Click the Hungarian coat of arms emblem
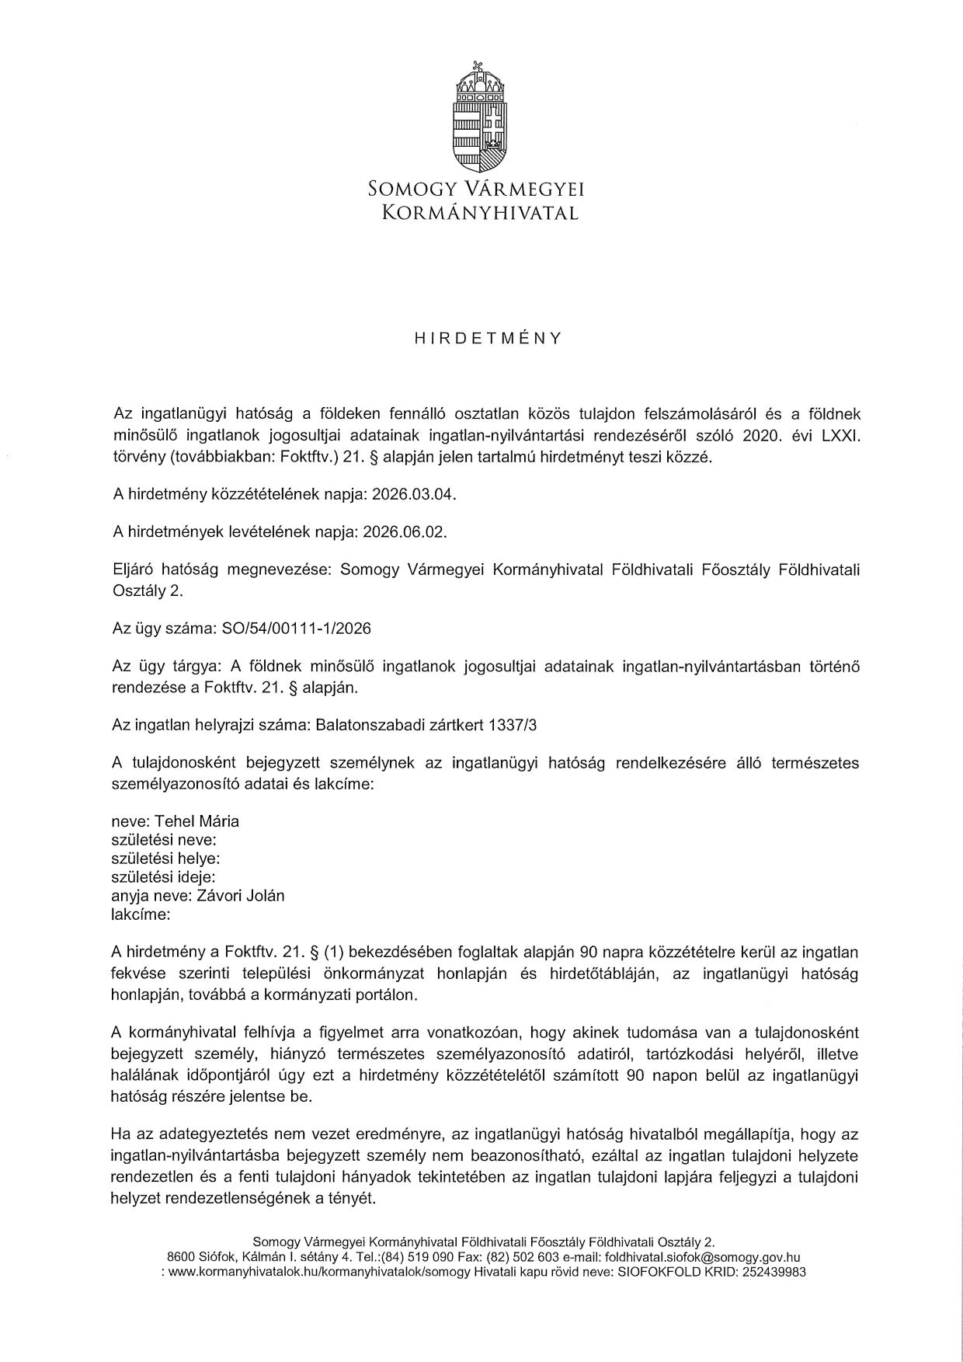coord(481,115)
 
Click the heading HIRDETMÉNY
coord(488,339)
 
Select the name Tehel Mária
coord(197,821)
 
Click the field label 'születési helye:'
coord(166,859)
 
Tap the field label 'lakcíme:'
coord(141,914)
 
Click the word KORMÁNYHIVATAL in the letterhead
coord(481,213)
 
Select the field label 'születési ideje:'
coord(165,877)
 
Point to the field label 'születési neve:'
coord(165,840)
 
